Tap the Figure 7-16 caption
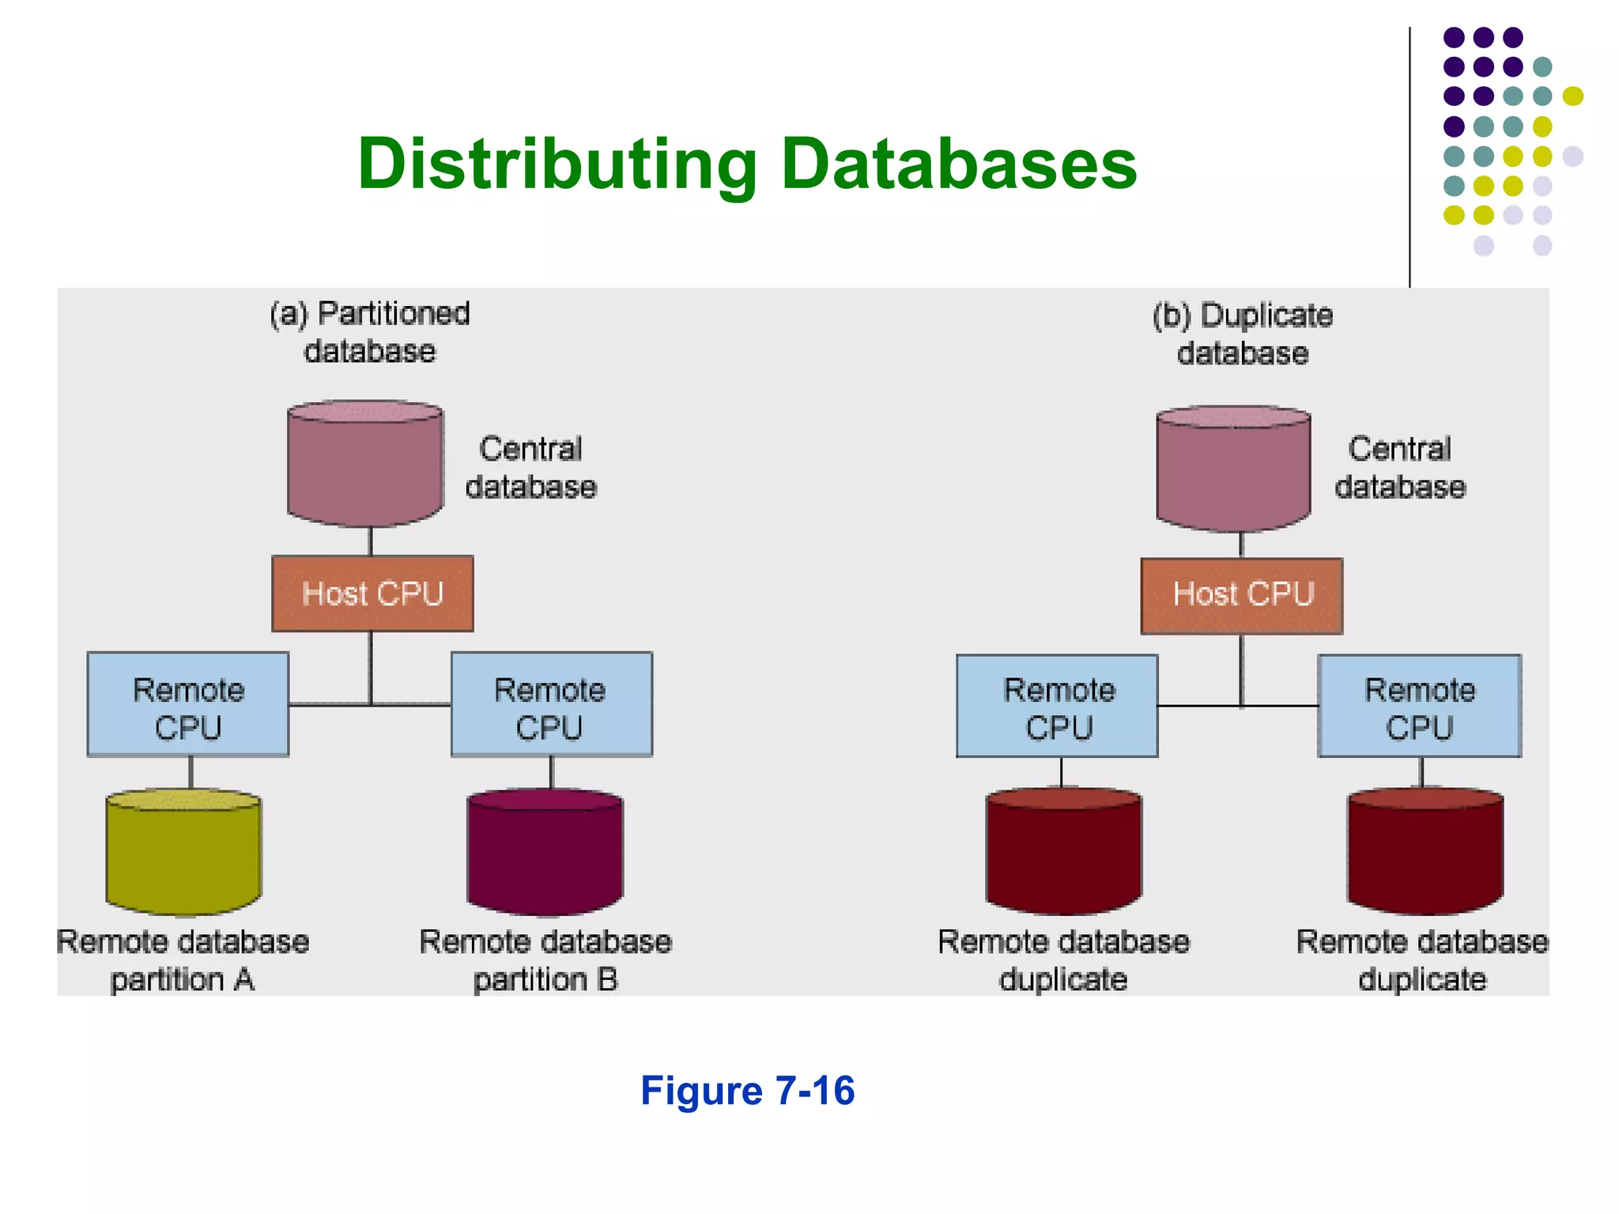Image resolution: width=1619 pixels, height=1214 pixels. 747,1091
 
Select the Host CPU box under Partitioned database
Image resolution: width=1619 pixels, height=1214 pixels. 372,594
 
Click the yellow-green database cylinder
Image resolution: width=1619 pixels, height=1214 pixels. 183,854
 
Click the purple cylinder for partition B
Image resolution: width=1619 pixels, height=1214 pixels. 545,854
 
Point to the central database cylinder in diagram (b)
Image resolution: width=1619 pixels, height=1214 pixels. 1233,469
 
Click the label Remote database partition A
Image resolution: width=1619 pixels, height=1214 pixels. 183,960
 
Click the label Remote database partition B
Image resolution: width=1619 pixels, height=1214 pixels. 545,960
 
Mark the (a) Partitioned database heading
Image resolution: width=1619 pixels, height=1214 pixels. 369,332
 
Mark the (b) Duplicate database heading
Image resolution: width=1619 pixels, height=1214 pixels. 1242,334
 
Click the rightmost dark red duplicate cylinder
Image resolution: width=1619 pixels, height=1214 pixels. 1425,854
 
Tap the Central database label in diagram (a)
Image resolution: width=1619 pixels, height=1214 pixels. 530,468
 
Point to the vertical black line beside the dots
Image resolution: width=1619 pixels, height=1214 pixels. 1410,158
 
